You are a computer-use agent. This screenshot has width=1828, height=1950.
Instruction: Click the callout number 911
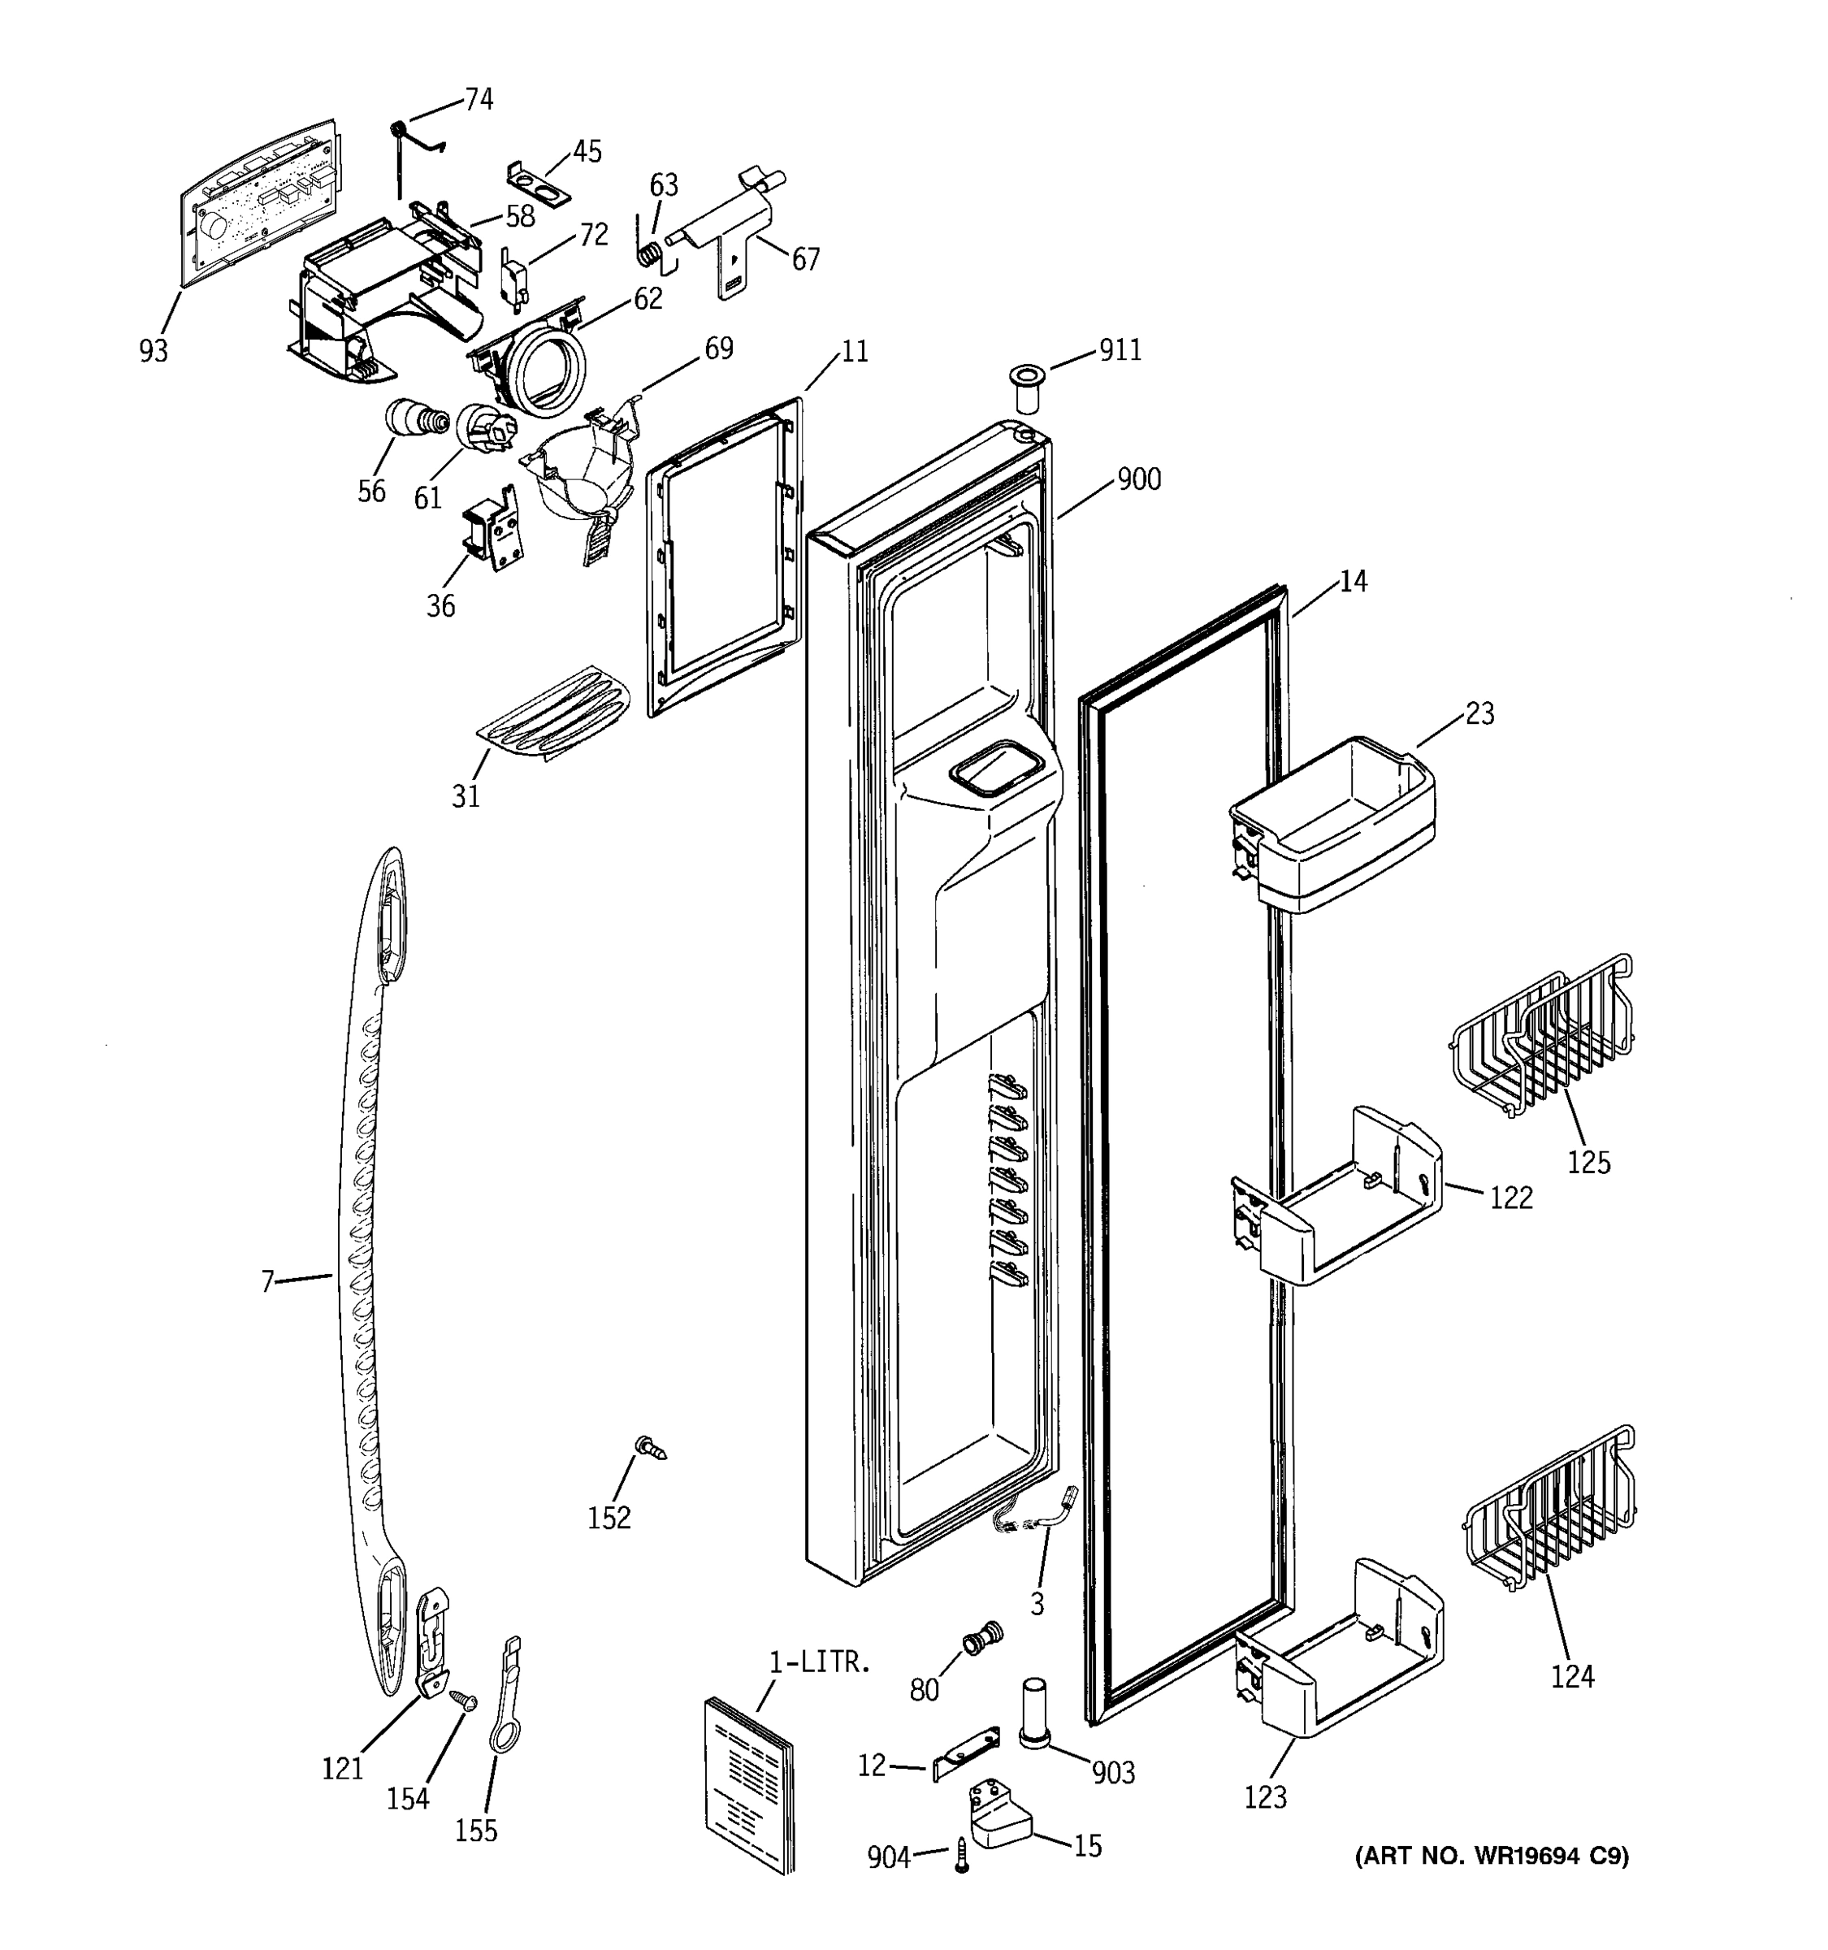[x=1120, y=350]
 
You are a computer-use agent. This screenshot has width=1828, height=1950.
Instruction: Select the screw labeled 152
[x=649, y=1447]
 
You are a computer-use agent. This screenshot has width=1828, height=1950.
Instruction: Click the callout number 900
[x=1138, y=479]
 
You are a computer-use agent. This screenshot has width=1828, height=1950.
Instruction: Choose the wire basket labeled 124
[x=1549, y=1508]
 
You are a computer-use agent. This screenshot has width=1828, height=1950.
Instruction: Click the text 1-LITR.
[x=819, y=1662]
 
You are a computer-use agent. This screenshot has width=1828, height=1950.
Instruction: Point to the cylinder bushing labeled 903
[x=1033, y=1714]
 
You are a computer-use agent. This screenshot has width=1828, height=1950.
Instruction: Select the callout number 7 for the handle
[x=266, y=1281]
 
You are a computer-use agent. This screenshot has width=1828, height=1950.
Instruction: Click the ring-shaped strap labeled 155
[x=505, y=1702]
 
